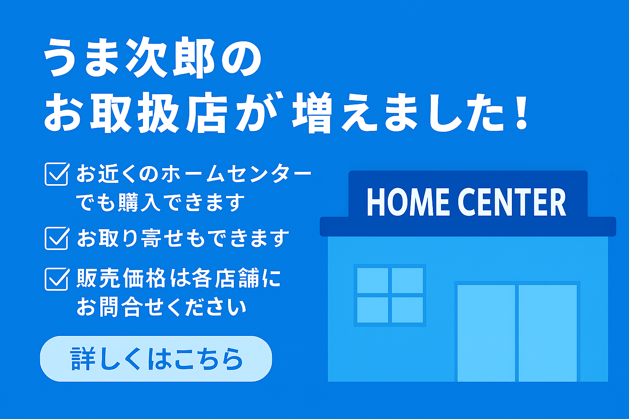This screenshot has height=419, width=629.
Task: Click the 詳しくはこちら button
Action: tap(156, 358)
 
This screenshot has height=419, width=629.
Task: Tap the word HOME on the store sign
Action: tap(408, 202)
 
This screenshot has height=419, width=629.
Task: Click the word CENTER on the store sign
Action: tap(511, 202)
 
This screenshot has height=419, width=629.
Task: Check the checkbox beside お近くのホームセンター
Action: tap(57, 174)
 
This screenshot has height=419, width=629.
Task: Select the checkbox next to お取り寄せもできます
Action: tap(57, 238)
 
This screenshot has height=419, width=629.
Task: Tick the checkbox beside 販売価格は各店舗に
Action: tap(57, 279)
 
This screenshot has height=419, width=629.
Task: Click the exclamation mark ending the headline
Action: tap(522, 112)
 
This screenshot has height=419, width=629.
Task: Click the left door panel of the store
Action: tap(486, 333)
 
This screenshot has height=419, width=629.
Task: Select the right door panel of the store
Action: tap(548, 333)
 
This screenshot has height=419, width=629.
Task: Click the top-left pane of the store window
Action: tap(373, 280)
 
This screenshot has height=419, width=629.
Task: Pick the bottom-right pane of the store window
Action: tap(407, 310)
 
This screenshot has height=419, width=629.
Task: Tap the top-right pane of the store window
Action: tap(407, 280)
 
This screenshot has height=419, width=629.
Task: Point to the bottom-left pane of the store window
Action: tap(373, 310)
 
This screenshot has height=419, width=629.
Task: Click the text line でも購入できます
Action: tap(161, 202)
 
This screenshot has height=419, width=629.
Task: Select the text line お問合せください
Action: tap(161, 307)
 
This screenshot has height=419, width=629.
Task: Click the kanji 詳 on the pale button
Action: tap(83, 359)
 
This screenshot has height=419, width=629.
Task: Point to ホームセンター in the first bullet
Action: tap(236, 174)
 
